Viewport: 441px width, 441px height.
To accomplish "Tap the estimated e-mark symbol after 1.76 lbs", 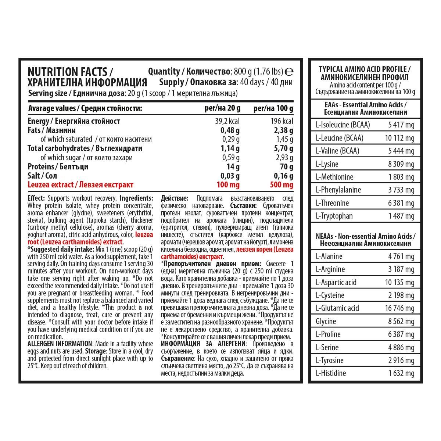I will pyautogui.click(x=289, y=71).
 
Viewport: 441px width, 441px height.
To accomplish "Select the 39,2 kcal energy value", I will pyautogui.click(x=227, y=121).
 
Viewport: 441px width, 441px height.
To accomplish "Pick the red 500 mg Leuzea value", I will pyautogui.click(x=282, y=185).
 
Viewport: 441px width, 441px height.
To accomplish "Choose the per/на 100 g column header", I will pyautogui.click(x=273, y=108).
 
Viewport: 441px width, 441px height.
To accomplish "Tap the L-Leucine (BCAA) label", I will pyautogui.click(x=339, y=138).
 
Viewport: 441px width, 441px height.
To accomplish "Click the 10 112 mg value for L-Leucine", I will pyautogui.click(x=399, y=138).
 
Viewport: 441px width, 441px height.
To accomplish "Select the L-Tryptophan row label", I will pyautogui.click(x=334, y=216).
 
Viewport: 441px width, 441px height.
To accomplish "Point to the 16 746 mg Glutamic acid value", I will pyautogui.click(x=399, y=308).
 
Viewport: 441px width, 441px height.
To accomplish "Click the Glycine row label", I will pyautogui.click(x=326, y=321).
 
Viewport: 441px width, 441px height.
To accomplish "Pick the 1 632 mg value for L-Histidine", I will pyautogui.click(x=401, y=373).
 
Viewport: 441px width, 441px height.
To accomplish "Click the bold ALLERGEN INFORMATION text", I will pyautogui.click(x=60, y=344).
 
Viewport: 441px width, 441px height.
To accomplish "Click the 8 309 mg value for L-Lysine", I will pyautogui.click(x=401, y=164).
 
